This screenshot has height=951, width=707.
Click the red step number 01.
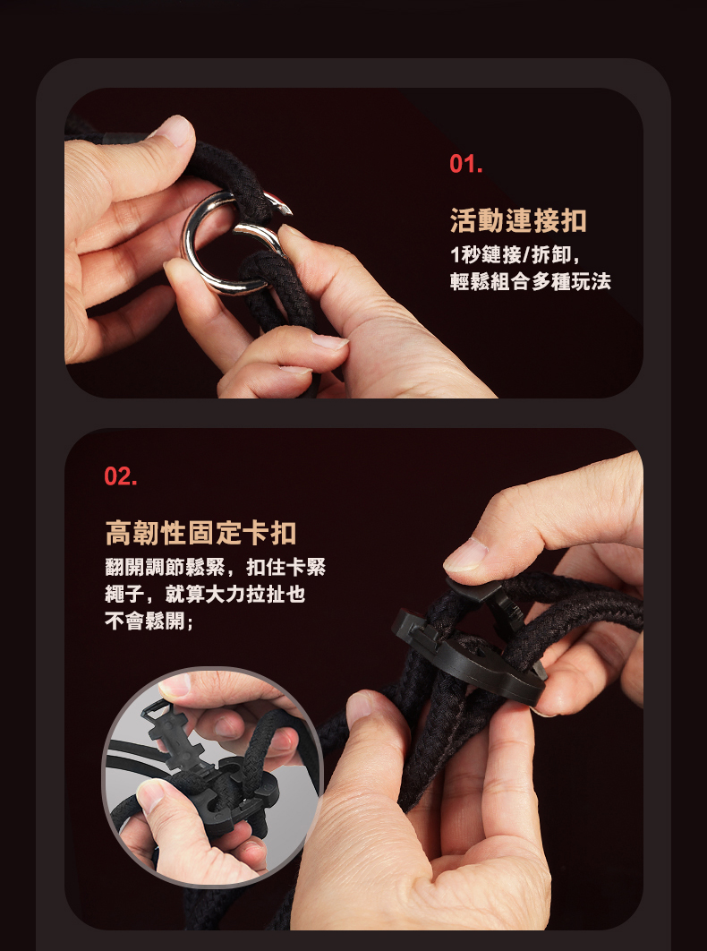465,164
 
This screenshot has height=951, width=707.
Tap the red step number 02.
121,476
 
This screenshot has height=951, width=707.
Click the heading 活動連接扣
518,220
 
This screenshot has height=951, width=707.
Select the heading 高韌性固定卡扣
200,533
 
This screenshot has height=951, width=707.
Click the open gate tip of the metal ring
285,210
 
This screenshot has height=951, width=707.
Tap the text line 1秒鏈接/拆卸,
515,254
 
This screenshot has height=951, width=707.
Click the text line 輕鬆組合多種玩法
531,281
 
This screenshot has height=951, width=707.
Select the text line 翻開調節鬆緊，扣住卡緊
216,567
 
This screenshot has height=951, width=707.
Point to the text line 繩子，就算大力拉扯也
205,595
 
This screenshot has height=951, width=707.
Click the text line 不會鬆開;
149,621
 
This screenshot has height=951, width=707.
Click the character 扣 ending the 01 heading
574,220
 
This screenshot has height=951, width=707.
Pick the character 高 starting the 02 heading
118,533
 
